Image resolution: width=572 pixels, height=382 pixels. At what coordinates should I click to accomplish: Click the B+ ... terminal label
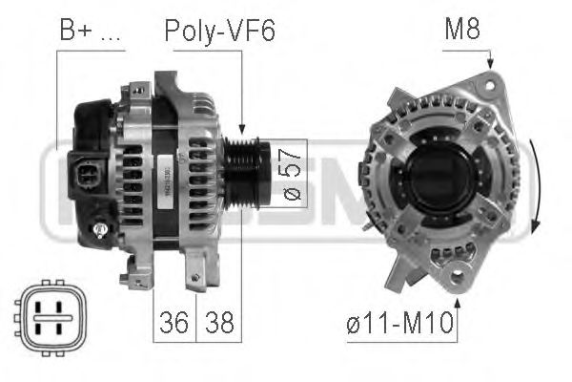91,31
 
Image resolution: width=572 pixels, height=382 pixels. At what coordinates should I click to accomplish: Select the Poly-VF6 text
219,31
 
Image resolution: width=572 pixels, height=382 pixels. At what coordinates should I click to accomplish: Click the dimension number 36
174,321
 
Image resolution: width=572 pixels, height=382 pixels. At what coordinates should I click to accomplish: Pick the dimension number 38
218,321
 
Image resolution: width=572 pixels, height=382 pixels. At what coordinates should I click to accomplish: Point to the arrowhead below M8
491,62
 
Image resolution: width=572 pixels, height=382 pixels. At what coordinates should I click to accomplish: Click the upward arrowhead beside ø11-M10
459,304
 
